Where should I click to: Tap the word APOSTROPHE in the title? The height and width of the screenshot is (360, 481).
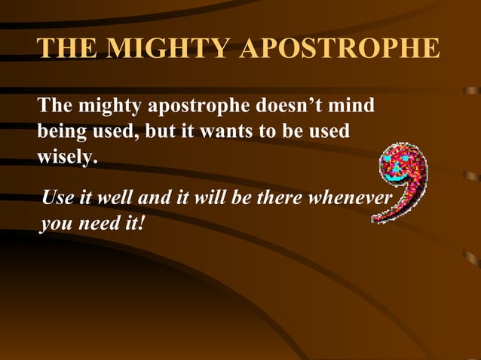pos(340,48)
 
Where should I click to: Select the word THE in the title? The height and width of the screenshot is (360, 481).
pos(66,48)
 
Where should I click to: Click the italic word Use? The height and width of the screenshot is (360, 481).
pos(57,198)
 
